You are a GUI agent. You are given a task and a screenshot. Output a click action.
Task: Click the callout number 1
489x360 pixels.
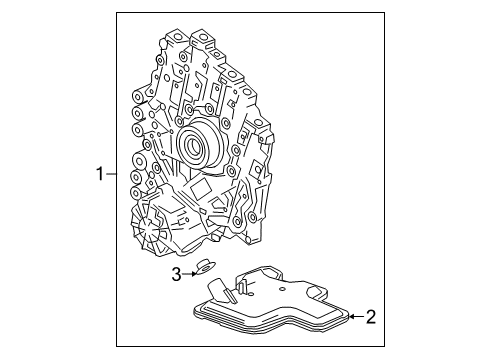coord(100,175)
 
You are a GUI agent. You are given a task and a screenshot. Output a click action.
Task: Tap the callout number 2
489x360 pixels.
coord(370,318)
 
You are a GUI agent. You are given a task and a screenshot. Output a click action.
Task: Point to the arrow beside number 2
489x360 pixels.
coord(349,317)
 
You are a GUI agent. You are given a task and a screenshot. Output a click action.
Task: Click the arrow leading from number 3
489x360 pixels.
coord(188,273)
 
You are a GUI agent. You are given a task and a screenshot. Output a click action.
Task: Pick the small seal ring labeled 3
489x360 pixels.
coord(204,267)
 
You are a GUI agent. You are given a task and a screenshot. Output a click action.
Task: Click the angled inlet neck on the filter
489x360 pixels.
coord(234,287)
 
